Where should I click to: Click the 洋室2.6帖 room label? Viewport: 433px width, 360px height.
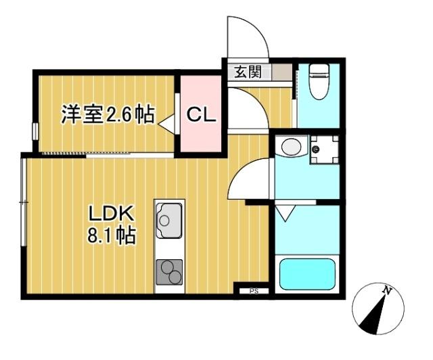[x=106, y=114]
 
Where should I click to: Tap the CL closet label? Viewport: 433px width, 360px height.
[x=201, y=114]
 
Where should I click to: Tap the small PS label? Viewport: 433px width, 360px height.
[x=254, y=292]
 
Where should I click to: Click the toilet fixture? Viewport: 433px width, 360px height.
[x=317, y=83]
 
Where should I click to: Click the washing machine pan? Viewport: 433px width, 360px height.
[x=323, y=149]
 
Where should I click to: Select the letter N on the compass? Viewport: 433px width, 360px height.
[x=387, y=291]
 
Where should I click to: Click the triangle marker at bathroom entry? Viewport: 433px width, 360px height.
[x=284, y=213]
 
